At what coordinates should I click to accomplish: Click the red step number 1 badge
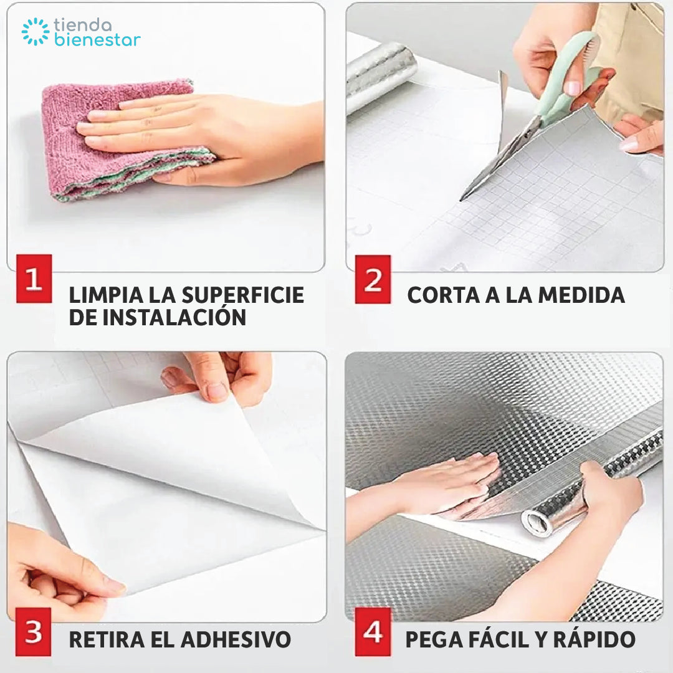pos(34,279)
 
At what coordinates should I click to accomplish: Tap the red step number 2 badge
pos(373,279)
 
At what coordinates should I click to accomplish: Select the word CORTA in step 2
pos(444,295)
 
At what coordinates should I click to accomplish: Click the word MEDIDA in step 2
pos(581,295)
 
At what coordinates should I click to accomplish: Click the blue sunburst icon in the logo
pos(35,31)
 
